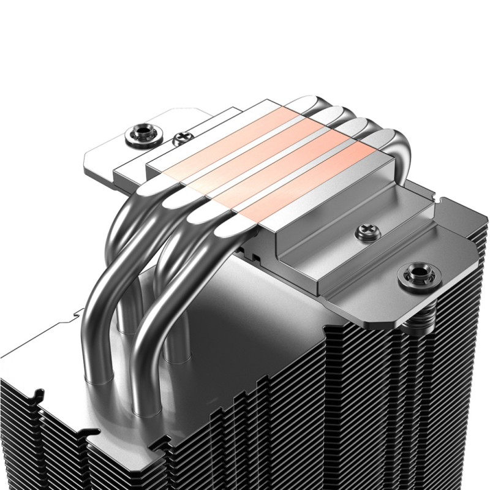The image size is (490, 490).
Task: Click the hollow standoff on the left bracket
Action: point(135,135)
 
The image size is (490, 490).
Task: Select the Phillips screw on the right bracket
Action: point(362,232)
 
